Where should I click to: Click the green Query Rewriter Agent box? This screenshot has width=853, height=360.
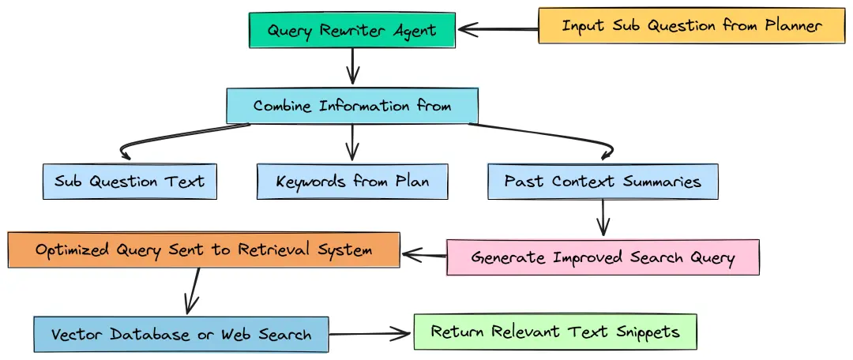coord(351,30)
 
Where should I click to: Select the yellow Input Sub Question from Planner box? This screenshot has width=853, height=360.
coord(691,25)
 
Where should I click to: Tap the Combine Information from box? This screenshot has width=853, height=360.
coord(352,106)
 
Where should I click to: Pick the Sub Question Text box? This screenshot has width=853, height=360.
coord(130,182)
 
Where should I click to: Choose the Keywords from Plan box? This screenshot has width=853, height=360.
coord(352,182)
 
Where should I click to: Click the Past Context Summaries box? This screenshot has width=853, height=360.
coord(603,182)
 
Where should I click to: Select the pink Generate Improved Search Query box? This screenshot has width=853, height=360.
coord(603,257)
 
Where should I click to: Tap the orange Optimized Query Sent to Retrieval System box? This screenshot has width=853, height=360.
coord(204,250)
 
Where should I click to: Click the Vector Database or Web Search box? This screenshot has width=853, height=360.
coord(181,334)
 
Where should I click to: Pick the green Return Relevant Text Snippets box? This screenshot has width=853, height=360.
coord(555,332)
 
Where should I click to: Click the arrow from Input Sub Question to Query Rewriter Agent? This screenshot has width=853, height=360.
coord(498,29)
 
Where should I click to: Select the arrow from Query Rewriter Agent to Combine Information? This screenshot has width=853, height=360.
coord(352,66)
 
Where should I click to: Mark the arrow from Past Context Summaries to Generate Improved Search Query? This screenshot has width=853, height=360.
coord(603,217)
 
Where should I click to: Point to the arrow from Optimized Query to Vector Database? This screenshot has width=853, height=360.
coord(192,292)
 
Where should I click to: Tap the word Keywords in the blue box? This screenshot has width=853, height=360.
coord(313,182)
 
